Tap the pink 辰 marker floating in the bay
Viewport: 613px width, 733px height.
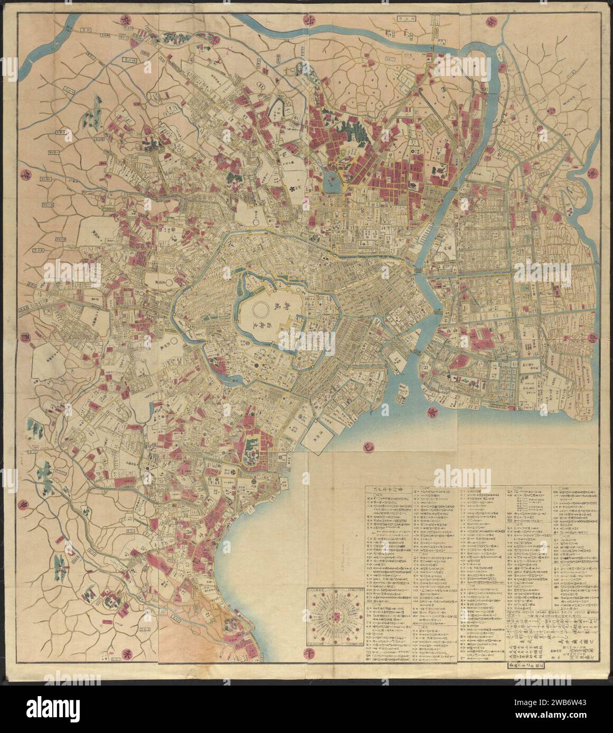(x=429, y=410)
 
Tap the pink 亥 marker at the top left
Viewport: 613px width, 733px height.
(x=69, y=25)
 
